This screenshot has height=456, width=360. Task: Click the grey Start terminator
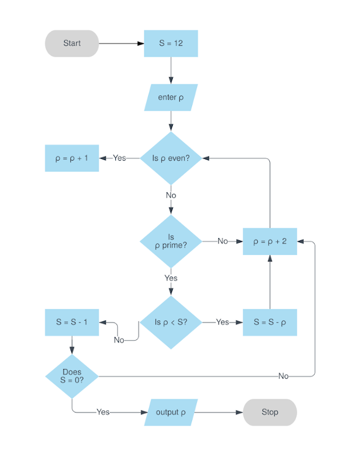click(72, 43)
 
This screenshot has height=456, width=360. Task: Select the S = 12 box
click(171, 43)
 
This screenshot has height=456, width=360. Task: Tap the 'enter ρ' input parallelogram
click(171, 97)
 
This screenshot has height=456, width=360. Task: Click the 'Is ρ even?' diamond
click(171, 158)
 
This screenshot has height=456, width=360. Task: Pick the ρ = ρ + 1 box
click(72, 158)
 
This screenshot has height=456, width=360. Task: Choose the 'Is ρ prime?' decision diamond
click(171, 241)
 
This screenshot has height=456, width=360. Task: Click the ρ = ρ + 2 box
click(270, 241)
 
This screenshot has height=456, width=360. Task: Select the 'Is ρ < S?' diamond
click(171, 322)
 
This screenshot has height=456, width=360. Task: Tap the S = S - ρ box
click(270, 322)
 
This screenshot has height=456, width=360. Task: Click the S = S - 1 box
click(72, 322)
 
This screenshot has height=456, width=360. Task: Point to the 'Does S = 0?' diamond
click(72, 376)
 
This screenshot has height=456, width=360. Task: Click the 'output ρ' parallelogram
click(171, 412)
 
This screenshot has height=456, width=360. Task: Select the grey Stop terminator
click(270, 412)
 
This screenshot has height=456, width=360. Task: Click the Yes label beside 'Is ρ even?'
click(120, 158)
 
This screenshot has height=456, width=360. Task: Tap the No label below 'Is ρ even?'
click(171, 195)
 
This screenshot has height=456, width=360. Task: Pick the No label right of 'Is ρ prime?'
click(222, 241)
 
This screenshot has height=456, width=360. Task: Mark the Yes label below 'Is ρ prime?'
click(171, 278)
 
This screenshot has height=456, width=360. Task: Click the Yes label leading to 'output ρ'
click(103, 412)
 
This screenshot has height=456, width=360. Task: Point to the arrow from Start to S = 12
click(121, 43)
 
